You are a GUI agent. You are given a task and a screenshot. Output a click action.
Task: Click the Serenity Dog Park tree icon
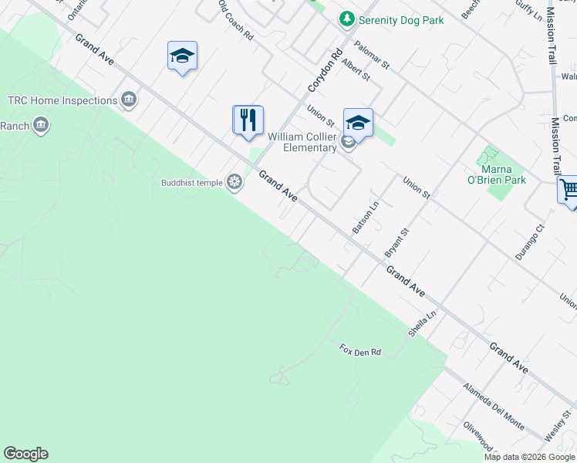tap(347, 19)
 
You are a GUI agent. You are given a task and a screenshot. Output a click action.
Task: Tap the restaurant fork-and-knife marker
tap(248, 120)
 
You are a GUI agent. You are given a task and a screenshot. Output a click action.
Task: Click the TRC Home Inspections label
tap(62, 100)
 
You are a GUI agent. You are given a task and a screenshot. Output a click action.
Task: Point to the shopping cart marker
tap(569, 190)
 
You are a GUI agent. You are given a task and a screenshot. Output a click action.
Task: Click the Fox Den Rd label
tap(360, 351)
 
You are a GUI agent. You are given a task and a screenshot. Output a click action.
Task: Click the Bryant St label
tap(396, 242)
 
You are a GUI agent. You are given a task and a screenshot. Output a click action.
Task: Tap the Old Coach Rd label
tap(236, 20)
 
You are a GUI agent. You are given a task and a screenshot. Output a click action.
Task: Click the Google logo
tap(25, 454)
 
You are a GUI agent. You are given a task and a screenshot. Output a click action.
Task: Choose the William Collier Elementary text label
tap(302, 142)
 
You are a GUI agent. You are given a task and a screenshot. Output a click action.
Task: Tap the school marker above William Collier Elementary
tap(358, 123)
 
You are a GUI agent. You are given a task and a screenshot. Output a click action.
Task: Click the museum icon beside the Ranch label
tap(42, 124)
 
